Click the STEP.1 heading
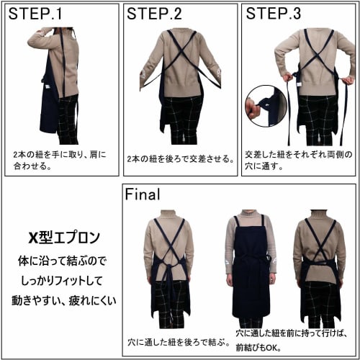click(35, 14)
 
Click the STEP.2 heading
click(154, 14)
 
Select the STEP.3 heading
click(274, 14)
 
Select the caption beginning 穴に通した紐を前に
click(296, 341)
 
